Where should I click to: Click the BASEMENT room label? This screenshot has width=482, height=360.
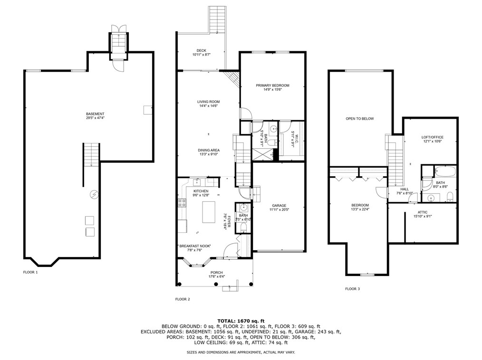coord(95,114)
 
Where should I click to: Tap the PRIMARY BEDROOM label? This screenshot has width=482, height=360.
coord(272,85)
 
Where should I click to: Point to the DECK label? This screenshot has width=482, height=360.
coord(202,51)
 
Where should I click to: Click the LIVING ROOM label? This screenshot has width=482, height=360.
coord(208,102)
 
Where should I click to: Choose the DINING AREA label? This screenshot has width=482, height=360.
coord(209,150)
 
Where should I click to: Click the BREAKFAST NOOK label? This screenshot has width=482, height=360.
coord(195,246)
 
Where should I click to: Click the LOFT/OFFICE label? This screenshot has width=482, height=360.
coord(432,138)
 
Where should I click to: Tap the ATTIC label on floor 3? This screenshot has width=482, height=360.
coord(423,212)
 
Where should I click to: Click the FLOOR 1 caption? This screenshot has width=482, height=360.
coord(30,272)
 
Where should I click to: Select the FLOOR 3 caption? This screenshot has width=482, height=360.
coord(352,288)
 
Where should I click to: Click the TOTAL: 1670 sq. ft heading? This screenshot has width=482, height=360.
coord(241,321)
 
